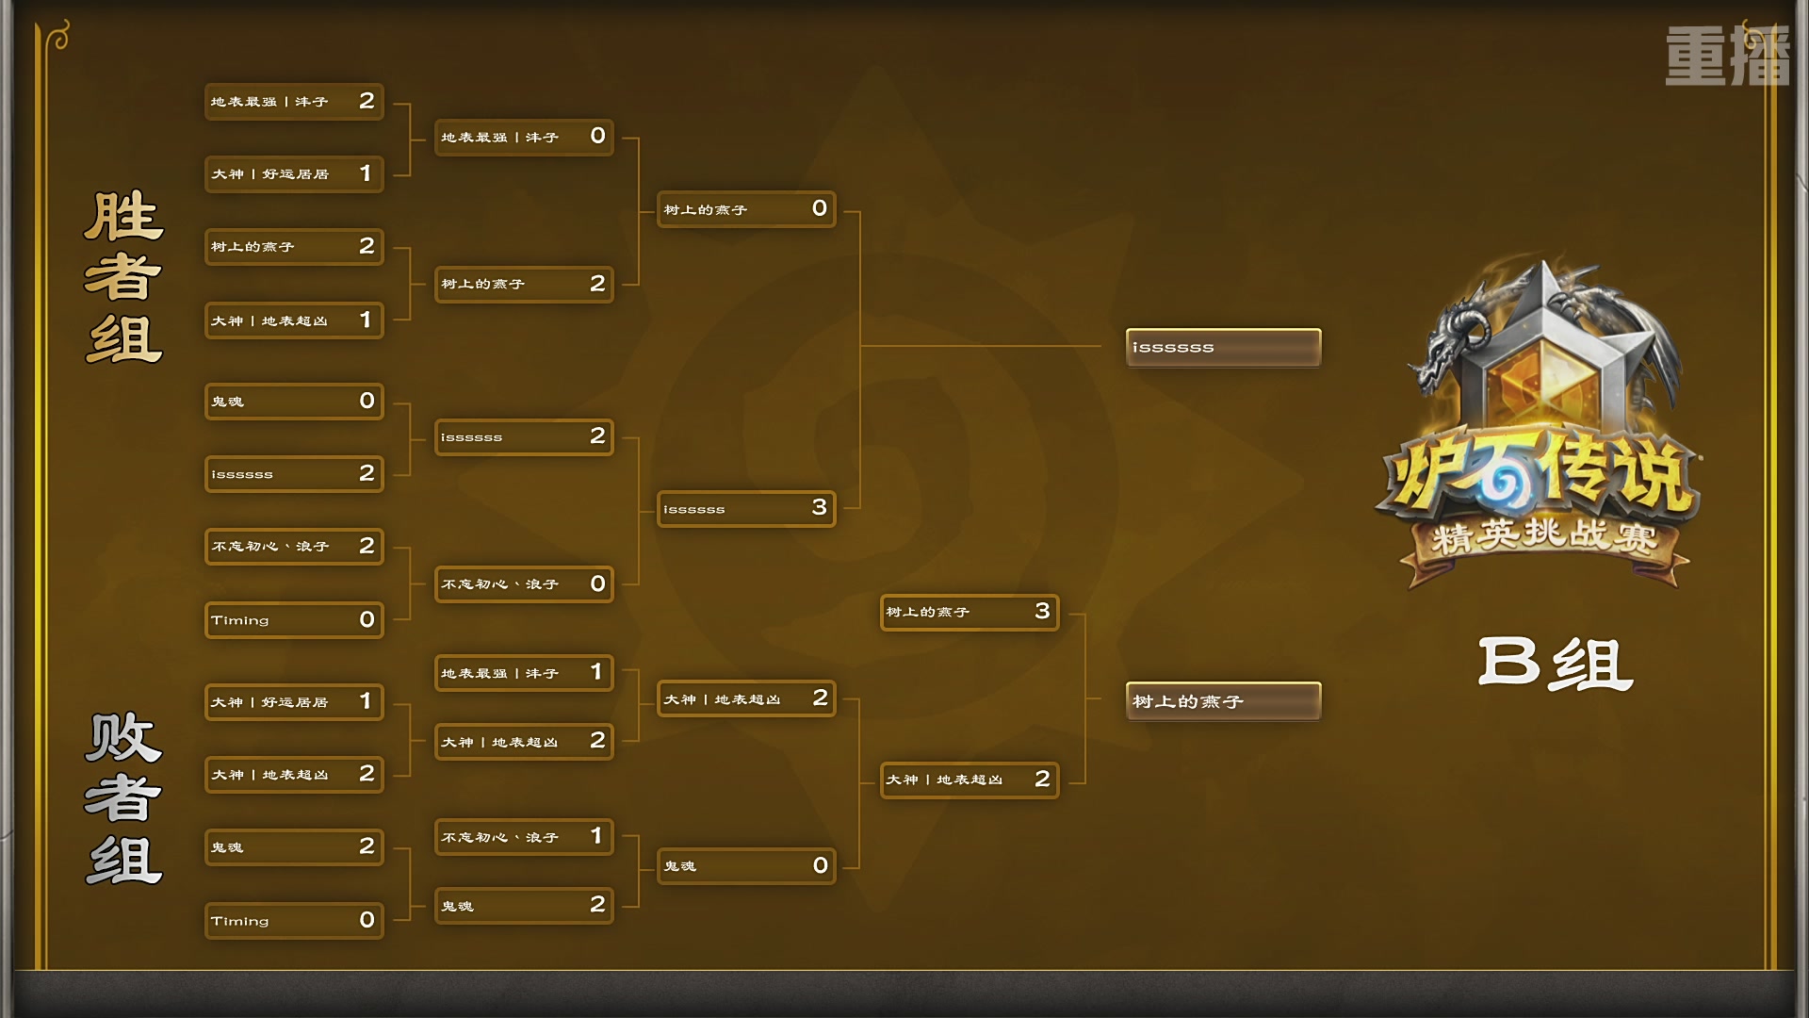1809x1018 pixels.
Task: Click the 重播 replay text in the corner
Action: point(1726,56)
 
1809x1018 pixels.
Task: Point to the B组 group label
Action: point(1555,664)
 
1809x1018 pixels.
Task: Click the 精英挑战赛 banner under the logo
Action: point(1543,536)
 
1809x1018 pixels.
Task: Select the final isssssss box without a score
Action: point(1223,348)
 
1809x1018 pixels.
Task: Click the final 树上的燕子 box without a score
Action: point(1223,701)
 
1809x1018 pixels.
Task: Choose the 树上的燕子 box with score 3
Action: point(969,613)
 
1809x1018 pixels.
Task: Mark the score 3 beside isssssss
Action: point(819,508)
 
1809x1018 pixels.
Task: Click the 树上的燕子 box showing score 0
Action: point(745,209)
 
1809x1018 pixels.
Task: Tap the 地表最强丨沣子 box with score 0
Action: point(523,138)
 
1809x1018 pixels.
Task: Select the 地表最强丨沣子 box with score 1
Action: point(523,673)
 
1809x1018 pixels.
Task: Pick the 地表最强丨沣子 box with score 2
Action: point(293,102)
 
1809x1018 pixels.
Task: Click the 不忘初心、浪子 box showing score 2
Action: point(293,547)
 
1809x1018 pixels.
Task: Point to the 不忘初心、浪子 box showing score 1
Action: point(523,837)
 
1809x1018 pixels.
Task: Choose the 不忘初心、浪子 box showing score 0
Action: point(523,584)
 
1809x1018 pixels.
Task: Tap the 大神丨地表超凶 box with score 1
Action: point(293,320)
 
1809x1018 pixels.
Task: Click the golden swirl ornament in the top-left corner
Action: point(59,38)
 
